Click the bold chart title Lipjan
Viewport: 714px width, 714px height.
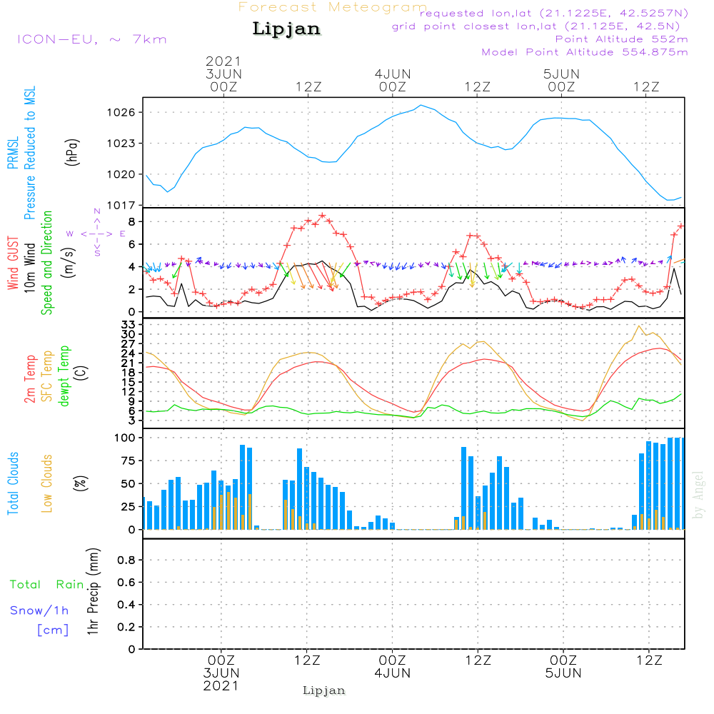[286, 29]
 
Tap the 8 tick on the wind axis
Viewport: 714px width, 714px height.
[132, 221]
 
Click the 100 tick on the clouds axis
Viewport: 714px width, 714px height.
[126, 437]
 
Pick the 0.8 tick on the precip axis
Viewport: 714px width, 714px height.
[126, 560]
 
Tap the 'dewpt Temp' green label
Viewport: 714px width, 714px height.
[64, 376]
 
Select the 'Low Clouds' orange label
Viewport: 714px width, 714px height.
[47, 483]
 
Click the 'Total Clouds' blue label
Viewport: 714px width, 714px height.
[13, 483]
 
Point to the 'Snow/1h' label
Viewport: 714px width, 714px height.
[39, 611]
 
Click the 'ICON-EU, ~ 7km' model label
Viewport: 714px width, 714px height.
[91, 39]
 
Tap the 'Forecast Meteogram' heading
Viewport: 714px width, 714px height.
[333, 7]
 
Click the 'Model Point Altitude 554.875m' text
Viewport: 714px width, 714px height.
[585, 52]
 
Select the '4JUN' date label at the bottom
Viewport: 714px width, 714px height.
[392, 673]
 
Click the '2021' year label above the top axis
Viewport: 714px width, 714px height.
[223, 61]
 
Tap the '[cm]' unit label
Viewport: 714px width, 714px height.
[53, 630]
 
